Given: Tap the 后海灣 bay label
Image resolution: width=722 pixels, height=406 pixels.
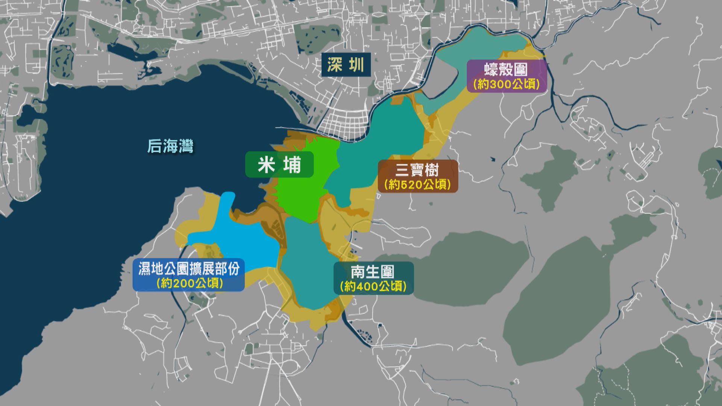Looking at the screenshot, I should click(170, 147).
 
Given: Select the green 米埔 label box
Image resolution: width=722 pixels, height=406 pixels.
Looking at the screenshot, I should click(279, 165).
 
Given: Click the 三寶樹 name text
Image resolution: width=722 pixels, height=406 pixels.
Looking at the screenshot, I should click(417, 170).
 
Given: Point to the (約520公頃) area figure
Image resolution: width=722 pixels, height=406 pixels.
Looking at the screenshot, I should click(417, 185).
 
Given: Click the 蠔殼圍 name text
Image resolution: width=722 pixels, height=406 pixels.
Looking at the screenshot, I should click(506, 70).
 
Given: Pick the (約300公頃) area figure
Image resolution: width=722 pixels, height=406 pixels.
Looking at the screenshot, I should click(506, 84).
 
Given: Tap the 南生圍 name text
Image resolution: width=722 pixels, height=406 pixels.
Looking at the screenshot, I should click(373, 272).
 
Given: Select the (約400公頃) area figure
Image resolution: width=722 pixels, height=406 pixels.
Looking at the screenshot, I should click(373, 286).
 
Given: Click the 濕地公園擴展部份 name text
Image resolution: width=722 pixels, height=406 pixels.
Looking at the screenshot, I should click(189, 269).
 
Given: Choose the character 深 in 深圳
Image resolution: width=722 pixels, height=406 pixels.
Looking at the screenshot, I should click(335, 65).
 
